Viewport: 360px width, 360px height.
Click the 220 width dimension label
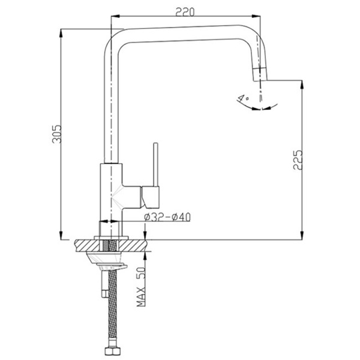click(x=185, y=12)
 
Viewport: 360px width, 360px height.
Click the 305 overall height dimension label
click(x=57, y=134)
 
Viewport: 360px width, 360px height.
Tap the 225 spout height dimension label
click(x=298, y=160)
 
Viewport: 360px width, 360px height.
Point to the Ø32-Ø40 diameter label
click(x=167, y=217)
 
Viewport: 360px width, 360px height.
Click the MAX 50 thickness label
click(x=141, y=287)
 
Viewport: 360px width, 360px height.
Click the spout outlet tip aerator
click(x=260, y=74)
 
